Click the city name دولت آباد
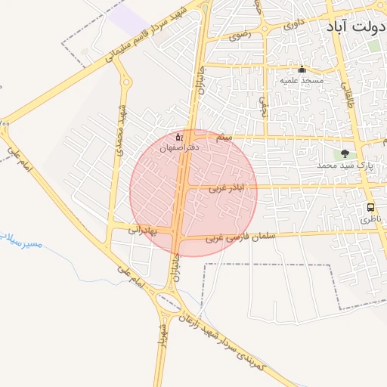pos(356,26)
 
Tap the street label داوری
pos(295,24)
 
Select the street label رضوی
pos(239,34)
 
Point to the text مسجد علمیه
pos(302,80)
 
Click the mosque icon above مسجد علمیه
pos(302,70)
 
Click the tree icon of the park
pos(346,153)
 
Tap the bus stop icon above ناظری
pos(370,207)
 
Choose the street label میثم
pos(224,138)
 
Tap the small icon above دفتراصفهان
pos(178,137)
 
